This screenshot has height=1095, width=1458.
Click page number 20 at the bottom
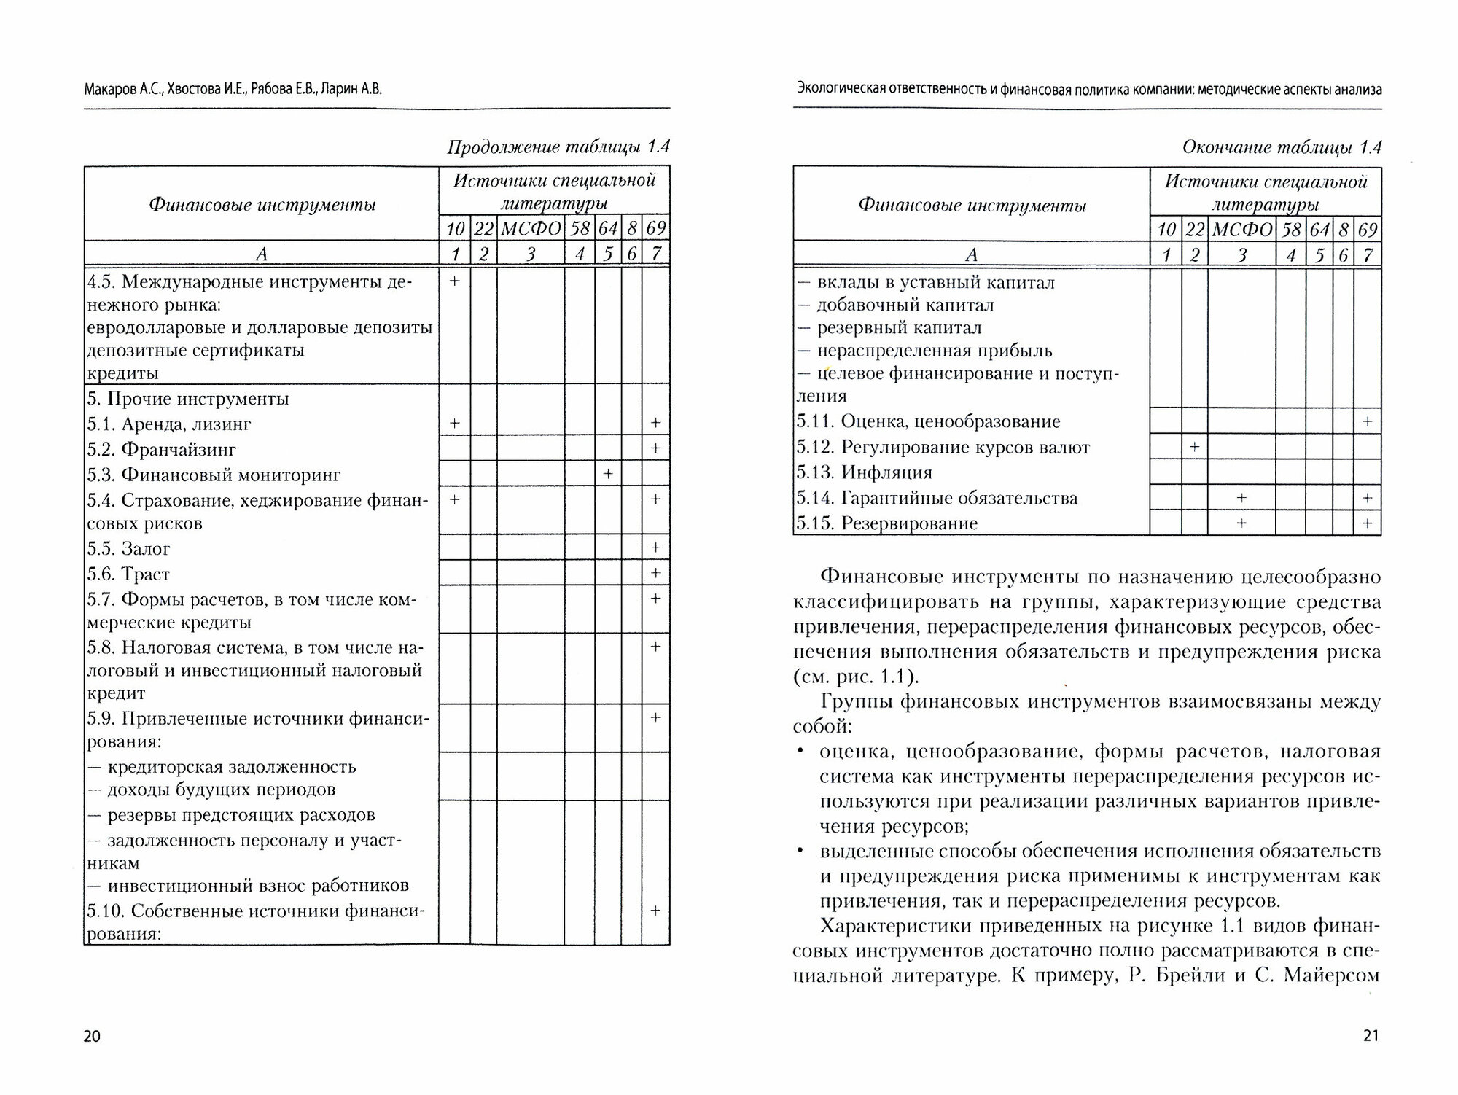pos(92,1036)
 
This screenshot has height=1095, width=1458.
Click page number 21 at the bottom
pos(1371,1036)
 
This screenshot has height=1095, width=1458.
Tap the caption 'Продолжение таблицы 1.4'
pos(558,147)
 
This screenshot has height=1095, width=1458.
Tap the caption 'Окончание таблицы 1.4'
pos(1282,148)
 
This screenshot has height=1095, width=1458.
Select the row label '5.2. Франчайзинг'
pos(161,449)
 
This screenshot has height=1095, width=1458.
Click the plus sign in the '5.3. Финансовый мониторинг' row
pos(608,474)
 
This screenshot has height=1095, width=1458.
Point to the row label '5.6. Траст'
pos(128,574)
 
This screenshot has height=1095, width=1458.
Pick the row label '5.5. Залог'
pos(129,548)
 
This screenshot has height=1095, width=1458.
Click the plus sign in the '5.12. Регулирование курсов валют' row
pos(1194,446)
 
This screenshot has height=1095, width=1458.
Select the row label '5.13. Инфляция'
pos(865,472)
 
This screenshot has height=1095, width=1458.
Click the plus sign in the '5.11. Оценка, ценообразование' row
pos(1367,421)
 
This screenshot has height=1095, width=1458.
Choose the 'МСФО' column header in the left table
pos(531,229)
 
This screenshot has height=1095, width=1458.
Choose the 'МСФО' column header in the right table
pos(1242,230)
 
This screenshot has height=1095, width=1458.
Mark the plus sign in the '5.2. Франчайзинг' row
pos(655,448)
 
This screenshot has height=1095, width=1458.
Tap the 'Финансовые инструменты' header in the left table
pos(262,205)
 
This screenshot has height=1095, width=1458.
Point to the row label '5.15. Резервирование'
pos(886,523)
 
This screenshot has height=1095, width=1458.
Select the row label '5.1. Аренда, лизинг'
pos(169,424)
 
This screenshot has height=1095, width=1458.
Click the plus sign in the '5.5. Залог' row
pos(655,547)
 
